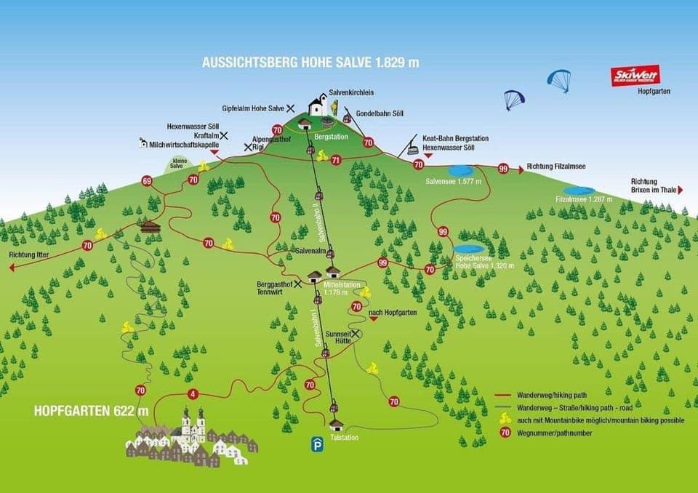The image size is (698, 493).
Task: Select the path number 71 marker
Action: (x=335, y=159)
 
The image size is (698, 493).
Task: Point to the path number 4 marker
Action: (x=192, y=394)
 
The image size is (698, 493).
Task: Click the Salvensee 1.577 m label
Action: (x=454, y=180)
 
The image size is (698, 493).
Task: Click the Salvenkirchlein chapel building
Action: (x=318, y=107)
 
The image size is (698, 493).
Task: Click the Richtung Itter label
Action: (x=29, y=255)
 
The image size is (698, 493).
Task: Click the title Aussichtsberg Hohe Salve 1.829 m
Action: (x=310, y=63)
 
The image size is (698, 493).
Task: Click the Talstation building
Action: (x=336, y=425)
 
